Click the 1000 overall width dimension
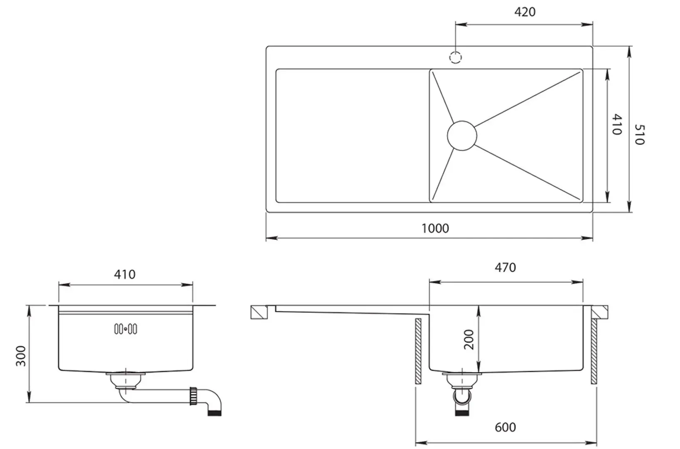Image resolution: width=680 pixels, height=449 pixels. pos(435,228)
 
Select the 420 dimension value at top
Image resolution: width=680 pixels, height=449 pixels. pos(524,12)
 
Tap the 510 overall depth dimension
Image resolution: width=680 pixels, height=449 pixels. pos(639,134)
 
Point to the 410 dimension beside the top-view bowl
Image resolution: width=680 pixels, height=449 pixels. pos(617,125)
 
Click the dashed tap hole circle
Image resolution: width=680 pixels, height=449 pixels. pos(456,57)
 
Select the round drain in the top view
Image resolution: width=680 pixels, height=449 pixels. pos(462,136)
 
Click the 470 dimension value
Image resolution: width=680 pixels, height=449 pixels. pos(505,267)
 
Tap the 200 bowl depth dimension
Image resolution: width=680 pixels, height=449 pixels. pos(469,339)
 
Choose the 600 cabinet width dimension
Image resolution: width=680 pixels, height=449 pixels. pos(505,427)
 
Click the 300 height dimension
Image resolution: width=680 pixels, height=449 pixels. pos(21,356)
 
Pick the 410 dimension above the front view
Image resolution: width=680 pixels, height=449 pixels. pos(125,274)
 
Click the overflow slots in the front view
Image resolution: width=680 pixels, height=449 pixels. pos(125,330)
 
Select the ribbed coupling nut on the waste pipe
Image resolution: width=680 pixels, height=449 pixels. pos(193,396)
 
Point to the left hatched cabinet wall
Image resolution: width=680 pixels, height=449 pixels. pos(418,351)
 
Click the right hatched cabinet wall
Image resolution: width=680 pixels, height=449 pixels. pos(594,351)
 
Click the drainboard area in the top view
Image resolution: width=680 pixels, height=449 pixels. pos(352,136)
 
